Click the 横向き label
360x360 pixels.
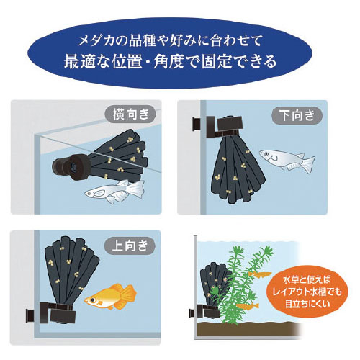(131, 114)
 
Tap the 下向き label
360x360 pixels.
(297, 116)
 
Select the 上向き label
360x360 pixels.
(130, 246)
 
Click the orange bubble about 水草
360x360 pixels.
(307, 292)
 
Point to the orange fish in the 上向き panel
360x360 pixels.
(110, 297)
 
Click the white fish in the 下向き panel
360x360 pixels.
(287, 160)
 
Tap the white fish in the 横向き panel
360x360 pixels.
(114, 192)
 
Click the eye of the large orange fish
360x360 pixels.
(92, 300)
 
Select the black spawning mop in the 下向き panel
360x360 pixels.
(238, 168)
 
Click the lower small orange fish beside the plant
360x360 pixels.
(247, 306)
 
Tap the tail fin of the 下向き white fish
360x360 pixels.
(309, 163)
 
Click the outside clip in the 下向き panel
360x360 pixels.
(197, 125)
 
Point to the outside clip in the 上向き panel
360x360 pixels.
(30, 315)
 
